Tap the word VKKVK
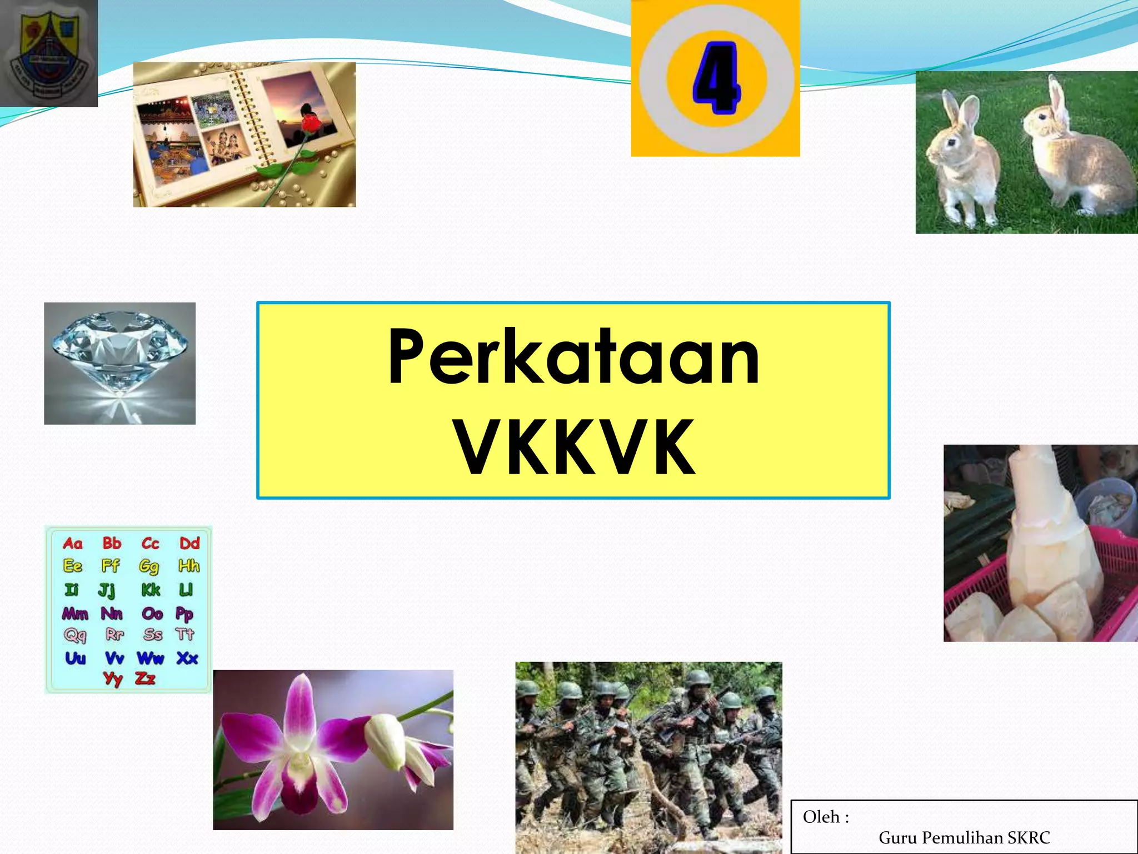pos(575,448)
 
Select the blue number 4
pos(716,78)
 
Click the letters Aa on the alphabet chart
pos(73,543)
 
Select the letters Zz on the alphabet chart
pos(145,678)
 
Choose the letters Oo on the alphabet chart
pos(152,613)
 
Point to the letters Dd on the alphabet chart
pos(189,543)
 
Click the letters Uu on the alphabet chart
pos(76,658)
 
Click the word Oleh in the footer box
pos(821,817)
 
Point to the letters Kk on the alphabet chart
pos(151,589)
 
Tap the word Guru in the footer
pos(896,837)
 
